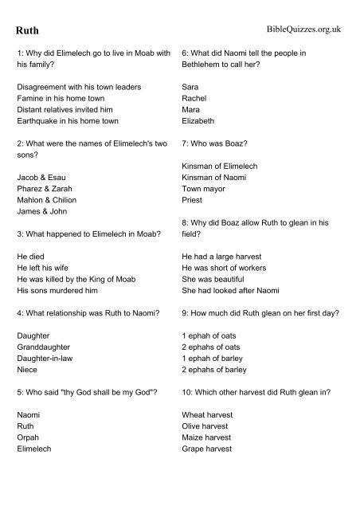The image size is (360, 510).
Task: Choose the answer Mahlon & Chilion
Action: click(x=49, y=200)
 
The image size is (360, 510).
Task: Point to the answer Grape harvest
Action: click(x=212, y=449)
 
